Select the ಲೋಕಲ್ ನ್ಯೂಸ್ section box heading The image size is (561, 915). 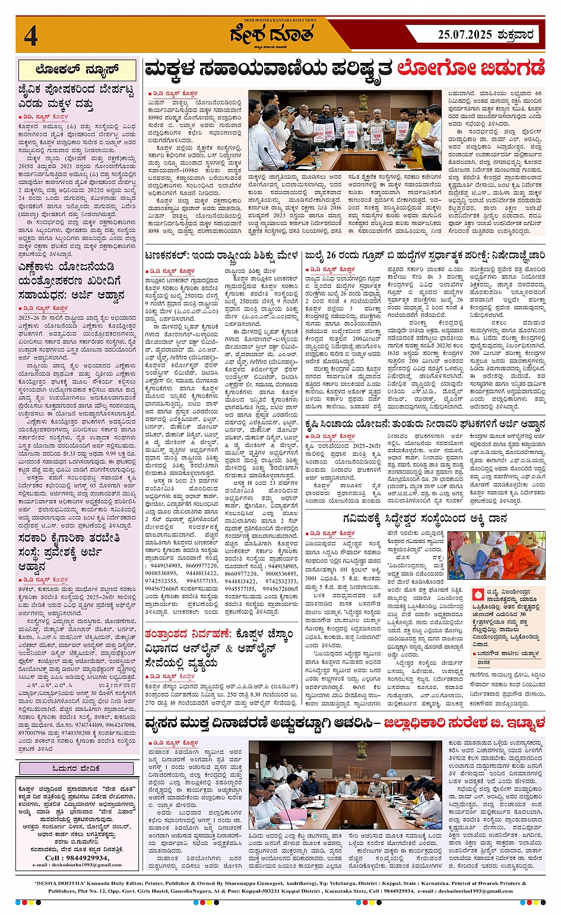77,70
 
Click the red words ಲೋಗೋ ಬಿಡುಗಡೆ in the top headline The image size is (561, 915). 471,69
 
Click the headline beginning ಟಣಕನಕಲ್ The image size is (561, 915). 221,256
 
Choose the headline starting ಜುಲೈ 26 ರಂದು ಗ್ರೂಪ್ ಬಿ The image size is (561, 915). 424,256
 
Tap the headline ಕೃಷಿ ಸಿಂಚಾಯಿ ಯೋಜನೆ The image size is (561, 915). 424,424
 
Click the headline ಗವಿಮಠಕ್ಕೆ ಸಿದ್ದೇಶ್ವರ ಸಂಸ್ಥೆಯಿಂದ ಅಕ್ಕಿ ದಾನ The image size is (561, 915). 424,519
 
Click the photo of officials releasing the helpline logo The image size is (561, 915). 345,131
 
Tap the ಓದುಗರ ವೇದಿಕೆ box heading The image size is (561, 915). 77,768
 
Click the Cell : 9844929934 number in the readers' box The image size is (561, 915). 77,857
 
